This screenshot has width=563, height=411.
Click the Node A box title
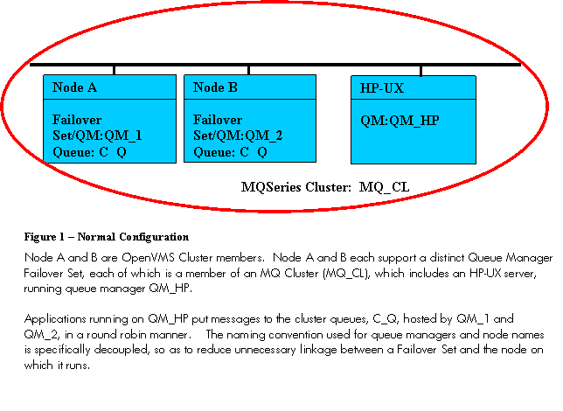[74, 87]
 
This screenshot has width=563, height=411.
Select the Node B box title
[215, 87]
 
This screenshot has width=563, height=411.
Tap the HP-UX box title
[382, 88]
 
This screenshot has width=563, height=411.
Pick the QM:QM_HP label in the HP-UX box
[400, 121]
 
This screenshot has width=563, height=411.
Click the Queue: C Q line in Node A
[89, 152]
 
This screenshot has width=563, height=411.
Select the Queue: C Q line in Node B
[230, 152]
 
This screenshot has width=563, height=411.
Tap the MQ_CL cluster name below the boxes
[384, 187]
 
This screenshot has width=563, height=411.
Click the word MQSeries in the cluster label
[271, 187]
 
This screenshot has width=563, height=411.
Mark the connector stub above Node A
[115, 71]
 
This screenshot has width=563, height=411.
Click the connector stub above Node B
[249, 71]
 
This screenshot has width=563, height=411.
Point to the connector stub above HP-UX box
[421, 71]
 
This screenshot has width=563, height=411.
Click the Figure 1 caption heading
[107, 237]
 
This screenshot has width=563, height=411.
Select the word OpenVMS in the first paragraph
[148, 258]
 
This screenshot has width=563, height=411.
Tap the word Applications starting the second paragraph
[55, 319]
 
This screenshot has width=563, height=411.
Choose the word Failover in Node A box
[77, 120]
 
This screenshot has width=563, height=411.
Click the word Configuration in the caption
[154, 237]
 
